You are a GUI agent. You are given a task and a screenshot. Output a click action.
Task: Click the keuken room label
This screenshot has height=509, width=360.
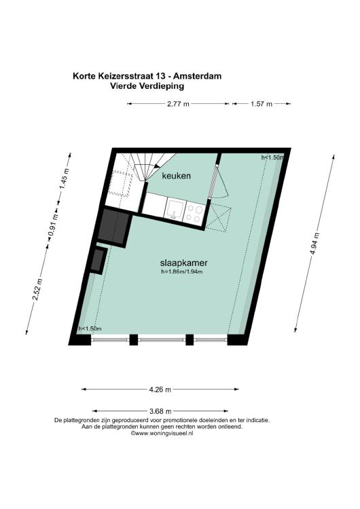176,176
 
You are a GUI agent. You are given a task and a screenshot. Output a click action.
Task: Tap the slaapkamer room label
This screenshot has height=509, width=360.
184,263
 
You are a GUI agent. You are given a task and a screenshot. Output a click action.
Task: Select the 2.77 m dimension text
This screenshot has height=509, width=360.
178,104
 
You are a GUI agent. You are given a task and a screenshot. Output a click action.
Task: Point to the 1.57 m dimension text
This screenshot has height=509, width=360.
262,104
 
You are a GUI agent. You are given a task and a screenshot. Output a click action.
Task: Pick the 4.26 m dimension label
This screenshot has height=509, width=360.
160,390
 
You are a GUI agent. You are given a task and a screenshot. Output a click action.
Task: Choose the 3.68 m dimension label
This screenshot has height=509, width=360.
160,412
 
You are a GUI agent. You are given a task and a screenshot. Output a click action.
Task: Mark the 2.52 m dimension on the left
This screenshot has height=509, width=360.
38,290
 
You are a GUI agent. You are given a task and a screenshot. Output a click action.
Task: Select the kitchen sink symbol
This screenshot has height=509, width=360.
175,209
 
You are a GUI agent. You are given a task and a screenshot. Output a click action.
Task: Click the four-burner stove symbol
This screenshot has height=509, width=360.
194,213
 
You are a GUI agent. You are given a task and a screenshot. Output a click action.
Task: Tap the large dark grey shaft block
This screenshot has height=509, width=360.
113,227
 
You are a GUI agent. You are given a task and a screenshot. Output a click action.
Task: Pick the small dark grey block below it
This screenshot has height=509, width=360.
98,260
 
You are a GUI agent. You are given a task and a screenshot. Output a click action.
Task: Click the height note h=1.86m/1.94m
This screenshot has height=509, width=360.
181,271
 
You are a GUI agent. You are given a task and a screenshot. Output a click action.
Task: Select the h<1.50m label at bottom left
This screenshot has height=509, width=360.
90,328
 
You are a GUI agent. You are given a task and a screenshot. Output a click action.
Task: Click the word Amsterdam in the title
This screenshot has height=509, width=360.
197,76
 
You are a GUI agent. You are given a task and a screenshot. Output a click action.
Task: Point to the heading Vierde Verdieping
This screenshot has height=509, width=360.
147,86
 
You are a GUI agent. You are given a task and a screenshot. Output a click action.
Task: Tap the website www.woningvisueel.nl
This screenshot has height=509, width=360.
162,433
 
